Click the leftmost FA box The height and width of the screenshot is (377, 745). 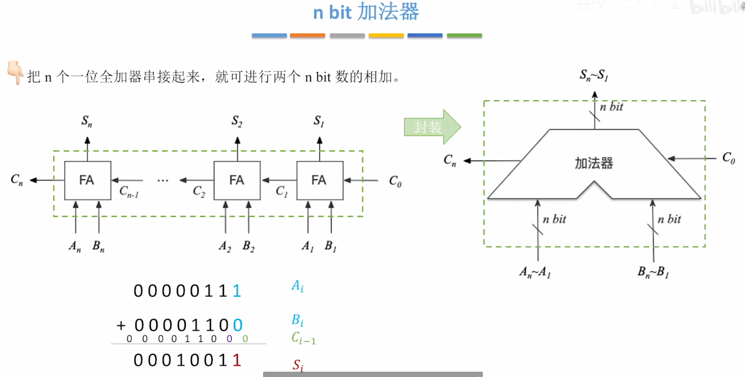pos(87,180)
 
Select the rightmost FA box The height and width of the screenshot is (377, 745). pos(320,180)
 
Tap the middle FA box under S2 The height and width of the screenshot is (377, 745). pos(237,180)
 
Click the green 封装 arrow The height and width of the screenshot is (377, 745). pos(432,127)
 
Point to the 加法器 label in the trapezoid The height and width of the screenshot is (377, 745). pos(594,163)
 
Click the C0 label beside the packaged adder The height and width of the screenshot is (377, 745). pos(728,158)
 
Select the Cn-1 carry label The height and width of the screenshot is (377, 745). pos(129,192)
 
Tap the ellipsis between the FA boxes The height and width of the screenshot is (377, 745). pos(162,181)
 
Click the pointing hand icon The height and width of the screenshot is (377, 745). pos(15,72)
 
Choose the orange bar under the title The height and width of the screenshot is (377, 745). pos(308,35)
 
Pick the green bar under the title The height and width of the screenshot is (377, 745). pos(464,35)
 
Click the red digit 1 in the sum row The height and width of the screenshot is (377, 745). pos(237,360)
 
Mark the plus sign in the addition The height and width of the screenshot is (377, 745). pos(121,326)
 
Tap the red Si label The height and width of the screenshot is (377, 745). pos(298,365)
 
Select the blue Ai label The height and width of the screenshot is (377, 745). pos(297,286)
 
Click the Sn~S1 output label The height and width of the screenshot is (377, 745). pos(594,75)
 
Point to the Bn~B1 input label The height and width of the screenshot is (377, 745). pos(653,272)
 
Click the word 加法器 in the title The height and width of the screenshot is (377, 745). pos(388,12)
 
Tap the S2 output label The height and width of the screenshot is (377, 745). pos(237,121)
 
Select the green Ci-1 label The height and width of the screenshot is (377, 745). pos(303,338)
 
